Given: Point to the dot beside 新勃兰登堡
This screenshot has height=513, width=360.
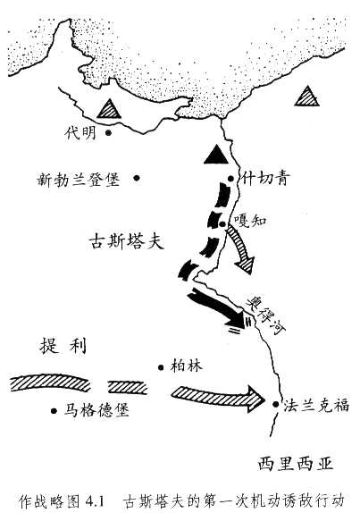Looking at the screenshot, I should pyautogui.click(x=138, y=177).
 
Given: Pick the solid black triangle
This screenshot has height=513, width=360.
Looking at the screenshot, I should pyautogui.click(x=214, y=155).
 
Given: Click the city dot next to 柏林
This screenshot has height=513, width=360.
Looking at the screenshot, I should pyautogui.click(x=160, y=366).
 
